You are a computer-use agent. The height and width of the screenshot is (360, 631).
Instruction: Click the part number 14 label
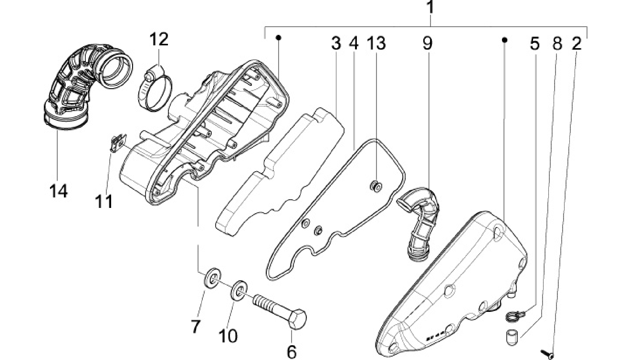coord(58,191)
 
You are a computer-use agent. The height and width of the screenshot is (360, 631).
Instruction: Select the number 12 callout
coord(159,39)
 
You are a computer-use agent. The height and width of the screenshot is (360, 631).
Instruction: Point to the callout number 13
coord(376,43)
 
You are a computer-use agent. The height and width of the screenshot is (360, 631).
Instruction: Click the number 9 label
coord(428,43)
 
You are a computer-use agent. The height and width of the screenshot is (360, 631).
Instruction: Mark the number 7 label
coord(195,326)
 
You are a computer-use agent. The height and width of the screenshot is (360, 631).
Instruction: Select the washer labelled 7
coord(212,279)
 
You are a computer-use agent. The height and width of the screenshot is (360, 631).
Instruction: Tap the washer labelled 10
coord(239,290)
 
